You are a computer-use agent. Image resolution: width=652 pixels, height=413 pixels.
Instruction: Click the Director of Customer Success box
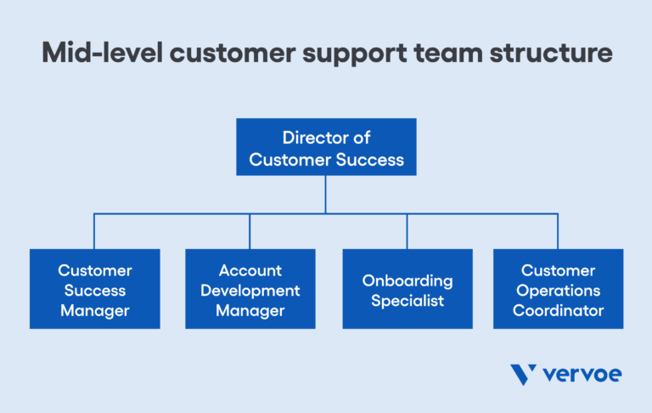(326, 147)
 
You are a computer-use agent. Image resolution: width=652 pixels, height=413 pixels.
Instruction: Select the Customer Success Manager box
(94, 289)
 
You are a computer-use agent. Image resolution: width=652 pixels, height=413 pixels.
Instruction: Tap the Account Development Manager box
(250, 289)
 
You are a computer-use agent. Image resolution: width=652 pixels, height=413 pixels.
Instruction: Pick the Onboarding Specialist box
(407, 289)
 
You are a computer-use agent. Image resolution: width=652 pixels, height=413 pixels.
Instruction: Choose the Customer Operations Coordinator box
(558, 289)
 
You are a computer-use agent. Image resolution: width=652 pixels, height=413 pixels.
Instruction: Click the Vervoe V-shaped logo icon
(523, 375)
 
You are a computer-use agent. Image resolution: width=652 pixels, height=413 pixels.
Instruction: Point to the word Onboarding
(407, 280)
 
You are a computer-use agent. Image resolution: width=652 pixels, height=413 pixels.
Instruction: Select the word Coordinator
(558, 310)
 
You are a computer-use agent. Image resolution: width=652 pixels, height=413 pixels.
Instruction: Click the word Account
(250, 270)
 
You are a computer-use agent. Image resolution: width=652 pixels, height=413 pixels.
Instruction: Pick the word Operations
(558, 291)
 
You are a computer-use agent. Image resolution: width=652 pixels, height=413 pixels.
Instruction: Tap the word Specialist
(407, 301)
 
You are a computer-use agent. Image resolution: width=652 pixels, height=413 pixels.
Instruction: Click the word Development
(250, 291)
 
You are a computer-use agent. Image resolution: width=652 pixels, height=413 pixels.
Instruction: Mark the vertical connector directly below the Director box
(326, 195)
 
